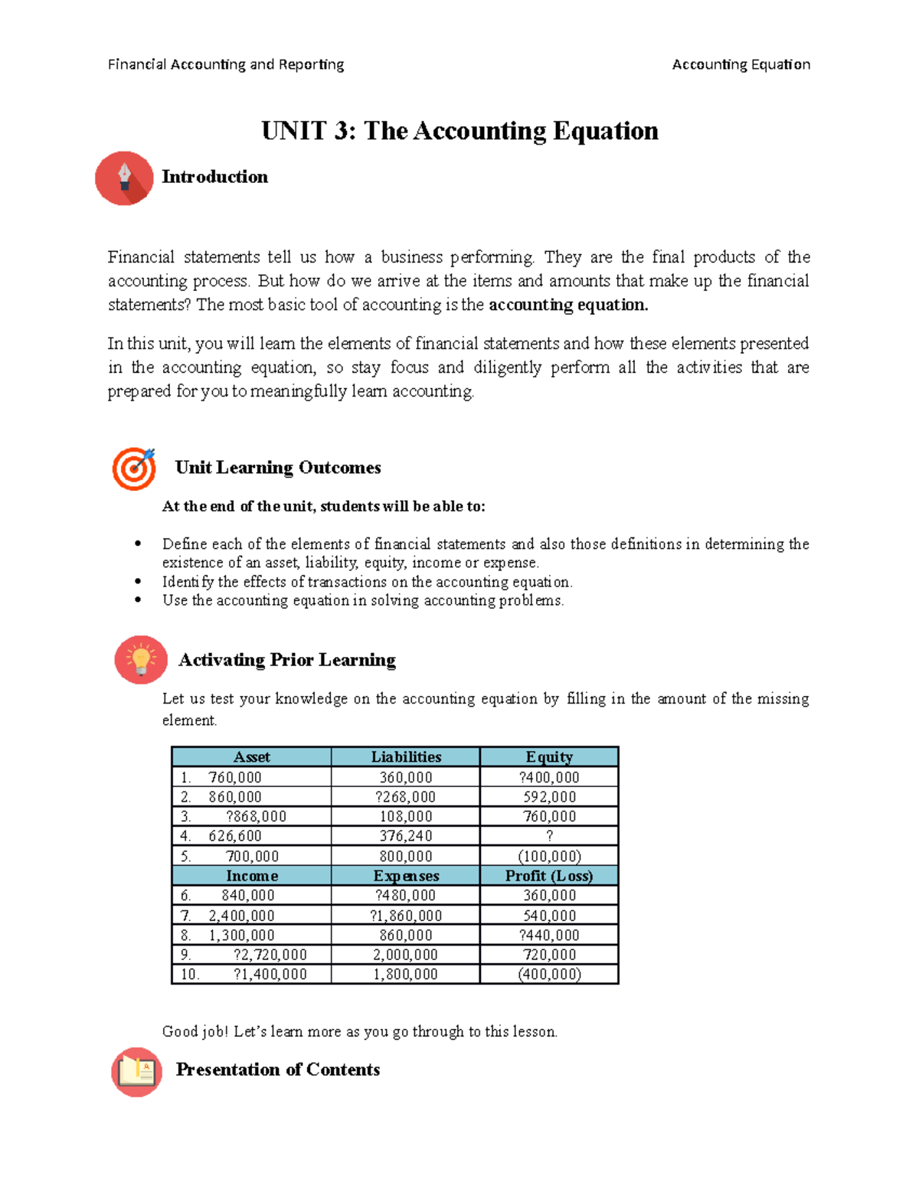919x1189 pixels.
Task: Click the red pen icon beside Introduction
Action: pos(124,178)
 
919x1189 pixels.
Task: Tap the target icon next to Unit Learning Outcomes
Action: pos(134,468)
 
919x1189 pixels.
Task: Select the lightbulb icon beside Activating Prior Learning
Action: pos(141,659)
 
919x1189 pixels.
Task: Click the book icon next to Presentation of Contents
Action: pos(137,1071)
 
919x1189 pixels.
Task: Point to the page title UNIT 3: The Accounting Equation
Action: pos(459,131)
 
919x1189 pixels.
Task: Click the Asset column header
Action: pos(251,757)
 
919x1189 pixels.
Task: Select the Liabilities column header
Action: pos(406,757)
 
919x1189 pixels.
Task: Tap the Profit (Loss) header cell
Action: pos(549,876)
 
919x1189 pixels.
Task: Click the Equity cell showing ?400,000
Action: pos(549,777)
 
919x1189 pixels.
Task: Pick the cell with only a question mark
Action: pos(549,836)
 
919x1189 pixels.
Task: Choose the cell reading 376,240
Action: pos(406,836)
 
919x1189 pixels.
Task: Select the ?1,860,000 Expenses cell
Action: pos(406,916)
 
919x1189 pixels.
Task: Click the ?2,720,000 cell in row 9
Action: pos(270,955)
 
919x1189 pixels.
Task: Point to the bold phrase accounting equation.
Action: pos(568,305)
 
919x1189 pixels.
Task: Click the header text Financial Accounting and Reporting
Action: pos(226,64)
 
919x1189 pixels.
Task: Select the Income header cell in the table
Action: pos(252,876)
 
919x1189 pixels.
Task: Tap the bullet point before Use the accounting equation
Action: pos(138,600)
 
